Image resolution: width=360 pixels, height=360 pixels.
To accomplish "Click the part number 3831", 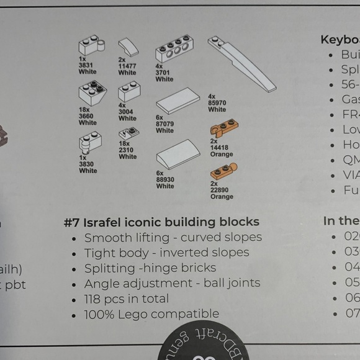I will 87,65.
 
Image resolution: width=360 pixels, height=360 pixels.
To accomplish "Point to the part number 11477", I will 127,66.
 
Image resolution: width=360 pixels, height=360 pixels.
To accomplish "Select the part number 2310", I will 128,151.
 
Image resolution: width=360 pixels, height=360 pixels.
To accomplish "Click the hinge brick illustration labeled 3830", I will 90,145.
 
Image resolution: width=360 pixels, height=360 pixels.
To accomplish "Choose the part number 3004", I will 127,112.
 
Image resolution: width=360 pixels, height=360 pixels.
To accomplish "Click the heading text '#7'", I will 74,222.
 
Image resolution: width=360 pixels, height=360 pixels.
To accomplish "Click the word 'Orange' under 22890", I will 222,197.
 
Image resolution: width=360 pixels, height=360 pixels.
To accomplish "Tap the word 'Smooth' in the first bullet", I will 107,238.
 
